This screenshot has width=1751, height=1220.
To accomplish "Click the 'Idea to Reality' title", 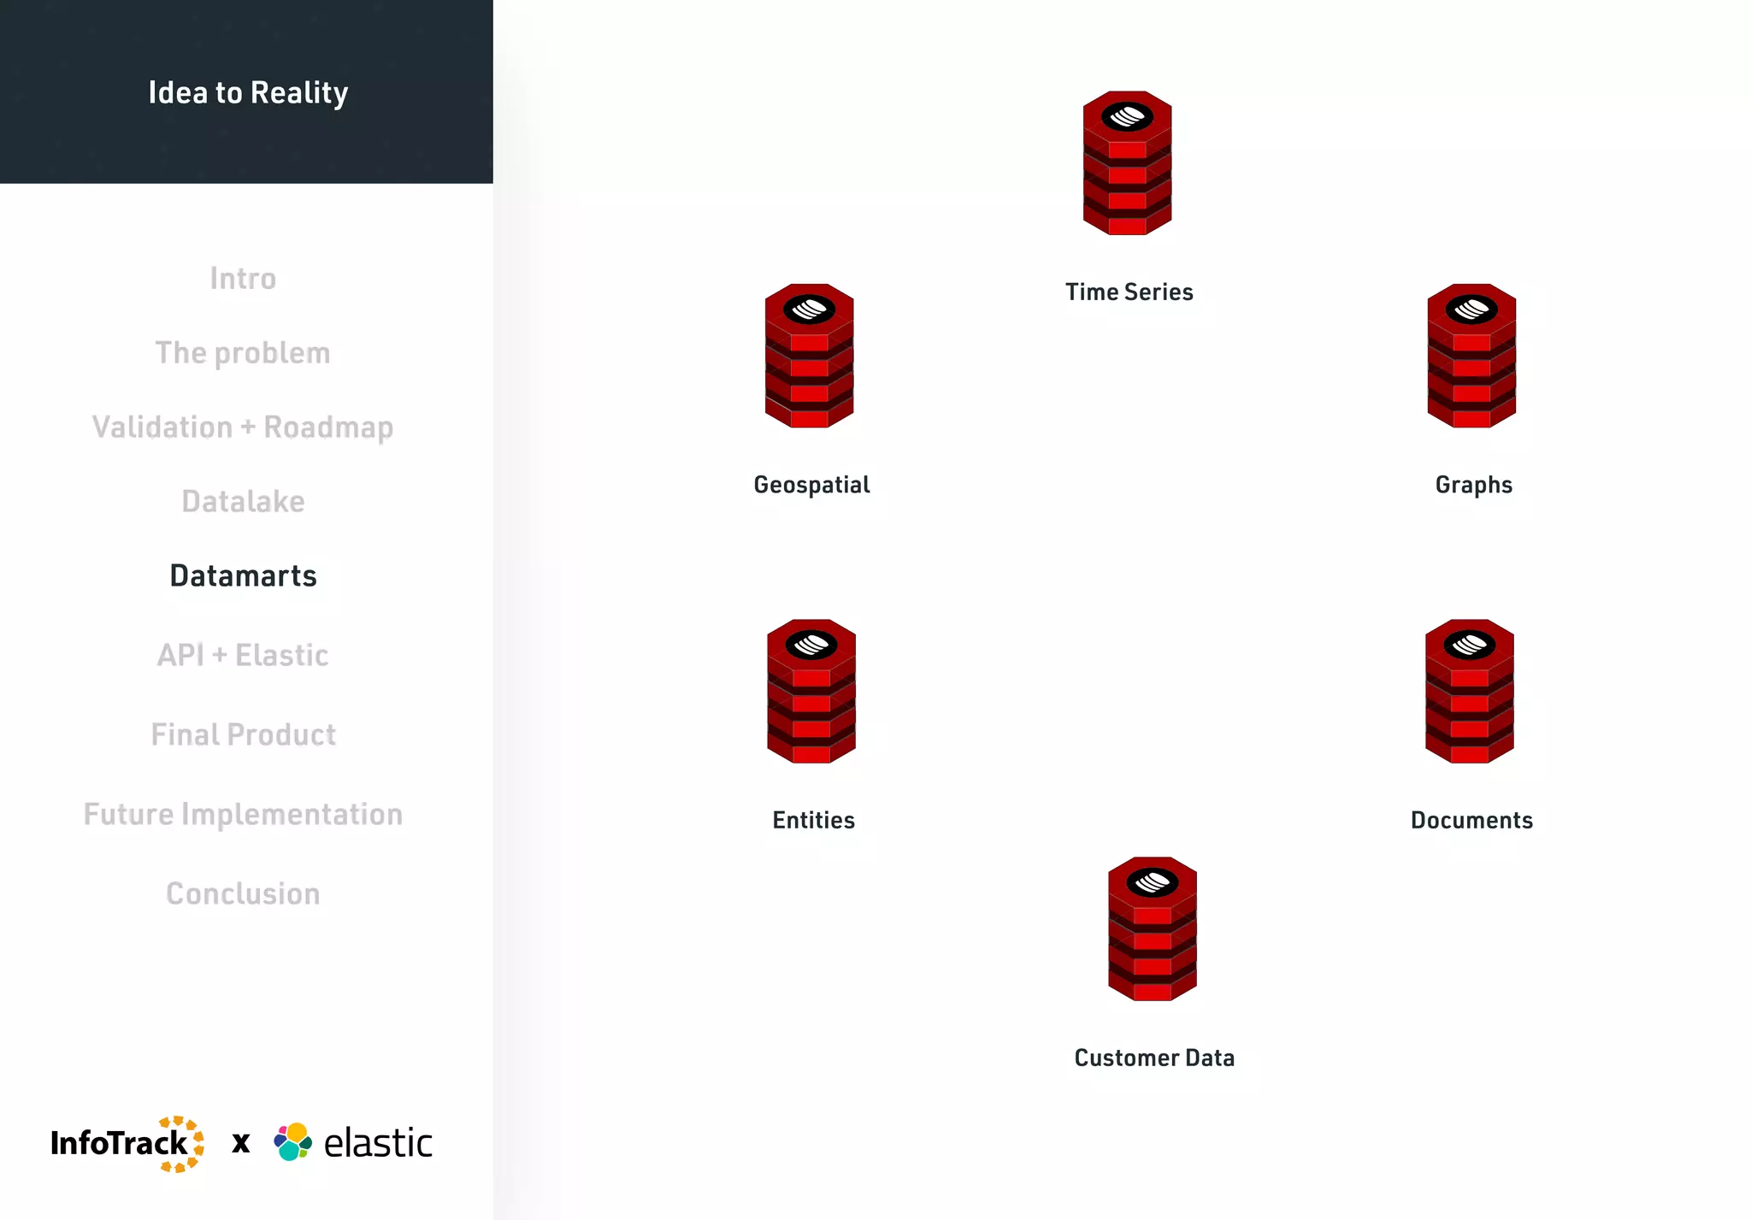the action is [x=248, y=92].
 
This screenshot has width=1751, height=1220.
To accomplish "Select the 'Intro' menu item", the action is [x=243, y=279].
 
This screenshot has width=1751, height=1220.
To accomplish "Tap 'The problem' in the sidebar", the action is [x=243, y=353].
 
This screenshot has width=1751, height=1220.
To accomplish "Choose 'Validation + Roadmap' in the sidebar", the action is [x=243, y=427].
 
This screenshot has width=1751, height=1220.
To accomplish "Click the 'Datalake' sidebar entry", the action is [x=243, y=502].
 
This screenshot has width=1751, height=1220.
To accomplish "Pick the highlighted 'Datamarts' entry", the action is [x=243, y=576].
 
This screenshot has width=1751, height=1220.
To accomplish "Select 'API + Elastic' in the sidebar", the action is [x=243, y=656].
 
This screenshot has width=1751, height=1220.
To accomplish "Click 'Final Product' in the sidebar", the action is [x=243, y=735].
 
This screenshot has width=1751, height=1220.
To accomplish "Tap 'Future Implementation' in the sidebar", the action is [x=243, y=815].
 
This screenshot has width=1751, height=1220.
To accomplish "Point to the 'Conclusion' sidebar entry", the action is [x=243, y=894].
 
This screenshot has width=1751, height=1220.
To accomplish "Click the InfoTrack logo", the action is [x=127, y=1144].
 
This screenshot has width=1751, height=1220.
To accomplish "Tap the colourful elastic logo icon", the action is [x=292, y=1142].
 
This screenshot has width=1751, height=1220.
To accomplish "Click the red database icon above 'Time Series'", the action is [x=1127, y=163].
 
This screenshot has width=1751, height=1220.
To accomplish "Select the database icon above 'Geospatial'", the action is [x=809, y=356].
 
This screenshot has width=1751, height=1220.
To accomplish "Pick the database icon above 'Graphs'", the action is [x=1471, y=356].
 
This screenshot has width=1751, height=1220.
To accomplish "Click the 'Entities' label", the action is [x=813, y=821].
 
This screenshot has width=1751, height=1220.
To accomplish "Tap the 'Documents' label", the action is [x=1471, y=821].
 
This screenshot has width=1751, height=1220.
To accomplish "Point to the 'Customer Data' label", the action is [x=1154, y=1058].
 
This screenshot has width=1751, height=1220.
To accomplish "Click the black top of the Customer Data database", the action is [x=1152, y=882].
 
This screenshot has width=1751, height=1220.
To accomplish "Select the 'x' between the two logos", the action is [x=241, y=1144].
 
